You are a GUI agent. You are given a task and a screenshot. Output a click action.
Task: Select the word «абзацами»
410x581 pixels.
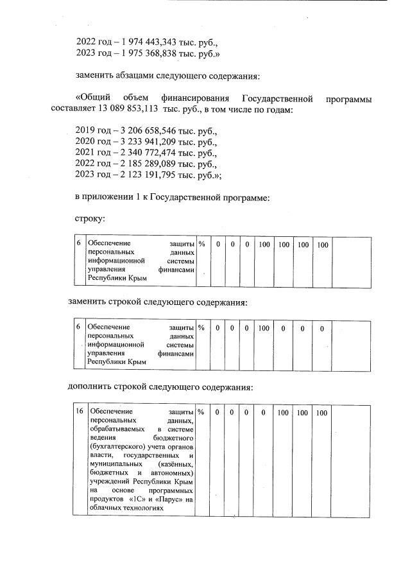140,77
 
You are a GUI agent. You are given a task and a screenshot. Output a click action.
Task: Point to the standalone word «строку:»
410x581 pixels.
90,220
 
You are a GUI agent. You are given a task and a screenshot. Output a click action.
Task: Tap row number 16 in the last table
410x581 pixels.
78,412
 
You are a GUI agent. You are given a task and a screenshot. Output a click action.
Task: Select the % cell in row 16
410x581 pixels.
201,412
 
